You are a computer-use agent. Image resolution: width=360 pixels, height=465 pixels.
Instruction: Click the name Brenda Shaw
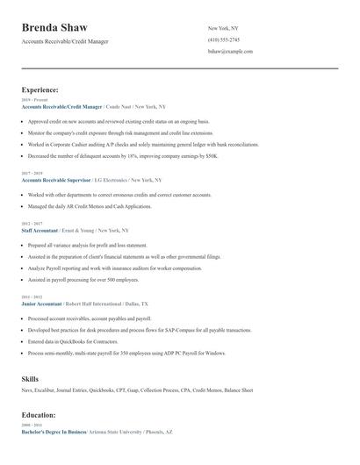(x=54, y=28)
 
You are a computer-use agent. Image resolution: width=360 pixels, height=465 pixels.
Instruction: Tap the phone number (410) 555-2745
(x=223, y=39)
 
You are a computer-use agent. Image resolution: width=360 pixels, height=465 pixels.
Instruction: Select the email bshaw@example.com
(x=230, y=51)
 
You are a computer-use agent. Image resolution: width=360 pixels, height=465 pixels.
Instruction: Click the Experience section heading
(x=40, y=89)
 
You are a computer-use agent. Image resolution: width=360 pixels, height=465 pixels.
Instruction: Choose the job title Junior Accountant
(x=40, y=302)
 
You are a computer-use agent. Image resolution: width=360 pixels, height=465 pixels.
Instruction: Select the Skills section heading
(x=30, y=378)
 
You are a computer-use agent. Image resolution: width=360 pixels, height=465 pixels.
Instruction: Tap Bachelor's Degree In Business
(x=54, y=432)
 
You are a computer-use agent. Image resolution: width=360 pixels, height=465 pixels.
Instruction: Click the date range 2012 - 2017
(x=31, y=223)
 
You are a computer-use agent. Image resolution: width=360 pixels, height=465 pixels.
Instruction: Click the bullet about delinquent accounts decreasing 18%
(x=122, y=154)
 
